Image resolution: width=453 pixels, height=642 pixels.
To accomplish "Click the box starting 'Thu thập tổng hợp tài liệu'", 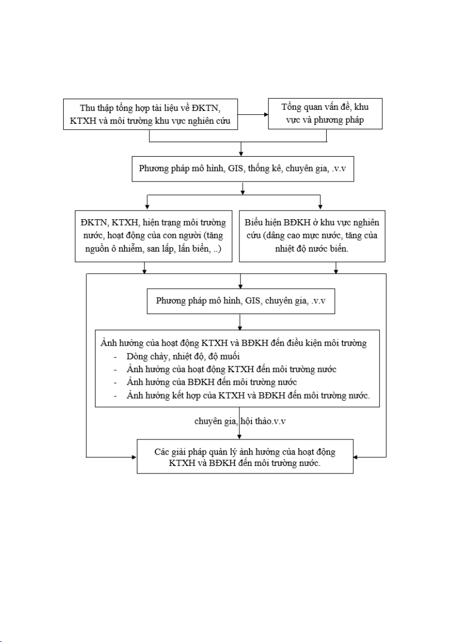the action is click(150, 114).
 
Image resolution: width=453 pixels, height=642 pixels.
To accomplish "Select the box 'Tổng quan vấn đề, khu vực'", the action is click(325, 114).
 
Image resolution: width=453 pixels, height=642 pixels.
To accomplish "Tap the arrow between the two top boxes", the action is click(253, 114).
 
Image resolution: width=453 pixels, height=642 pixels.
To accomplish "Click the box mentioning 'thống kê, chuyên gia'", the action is click(243, 168).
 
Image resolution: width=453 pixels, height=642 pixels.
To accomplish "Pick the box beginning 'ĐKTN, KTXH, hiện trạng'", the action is click(153, 236).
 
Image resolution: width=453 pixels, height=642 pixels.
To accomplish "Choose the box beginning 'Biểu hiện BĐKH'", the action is click(312, 236).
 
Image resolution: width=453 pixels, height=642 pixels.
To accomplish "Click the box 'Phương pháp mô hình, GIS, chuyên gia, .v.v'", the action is click(241, 301).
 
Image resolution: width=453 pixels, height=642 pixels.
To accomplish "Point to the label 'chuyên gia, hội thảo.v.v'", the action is click(240, 421).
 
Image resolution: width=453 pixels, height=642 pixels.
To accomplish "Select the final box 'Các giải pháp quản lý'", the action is click(245, 457).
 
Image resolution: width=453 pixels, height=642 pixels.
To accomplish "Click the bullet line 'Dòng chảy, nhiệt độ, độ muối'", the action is click(183, 356).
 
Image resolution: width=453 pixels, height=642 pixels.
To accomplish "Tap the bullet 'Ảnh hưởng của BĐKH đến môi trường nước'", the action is click(211, 382).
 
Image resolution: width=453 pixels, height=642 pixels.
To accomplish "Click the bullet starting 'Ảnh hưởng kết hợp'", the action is click(248, 395).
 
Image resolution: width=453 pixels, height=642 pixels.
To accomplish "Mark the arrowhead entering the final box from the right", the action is click(356, 457).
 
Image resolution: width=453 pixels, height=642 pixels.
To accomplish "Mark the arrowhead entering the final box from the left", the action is click(134, 457).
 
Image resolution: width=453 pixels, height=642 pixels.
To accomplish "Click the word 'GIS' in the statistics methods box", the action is click(236, 168).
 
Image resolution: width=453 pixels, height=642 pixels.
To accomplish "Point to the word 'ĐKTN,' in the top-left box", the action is click(208, 108).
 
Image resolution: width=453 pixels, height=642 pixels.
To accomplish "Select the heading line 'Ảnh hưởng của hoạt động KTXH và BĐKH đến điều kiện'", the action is click(234, 343).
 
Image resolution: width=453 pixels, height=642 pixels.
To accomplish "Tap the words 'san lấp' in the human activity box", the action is click(160, 249).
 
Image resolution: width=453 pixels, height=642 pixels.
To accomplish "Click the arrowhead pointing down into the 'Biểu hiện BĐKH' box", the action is click(320, 207).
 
